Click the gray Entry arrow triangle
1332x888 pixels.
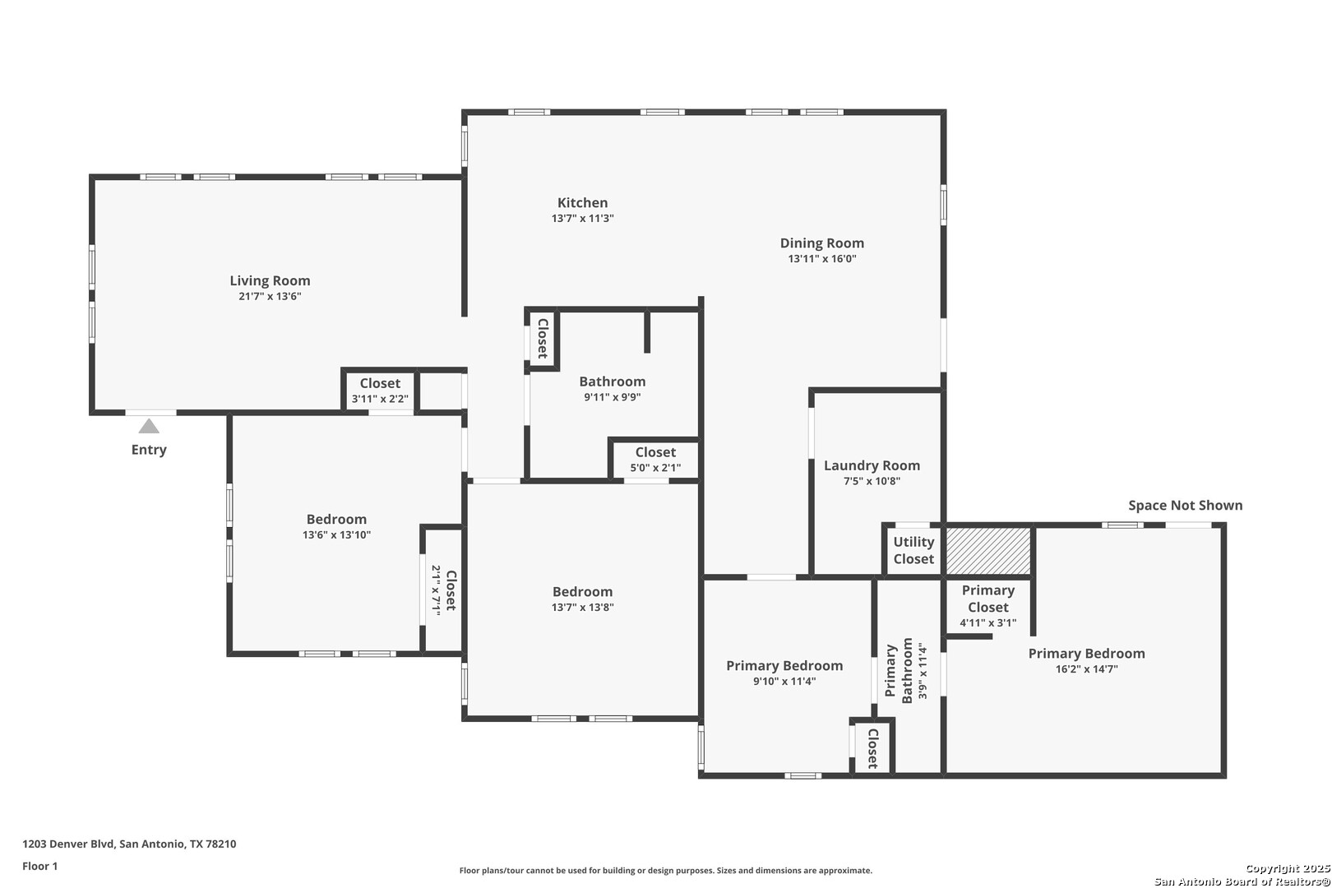(x=149, y=427)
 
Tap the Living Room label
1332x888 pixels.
(x=270, y=280)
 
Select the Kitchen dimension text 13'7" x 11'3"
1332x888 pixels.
(x=582, y=218)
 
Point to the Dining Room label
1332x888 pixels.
(x=821, y=243)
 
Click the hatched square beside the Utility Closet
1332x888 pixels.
(x=987, y=552)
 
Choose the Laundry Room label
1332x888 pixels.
(x=872, y=465)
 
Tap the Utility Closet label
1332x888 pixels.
(x=914, y=550)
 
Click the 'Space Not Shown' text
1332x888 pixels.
(x=1185, y=506)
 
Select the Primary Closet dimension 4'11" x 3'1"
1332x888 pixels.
(x=987, y=623)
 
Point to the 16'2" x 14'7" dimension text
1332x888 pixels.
(x=1086, y=669)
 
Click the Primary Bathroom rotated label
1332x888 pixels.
(x=899, y=671)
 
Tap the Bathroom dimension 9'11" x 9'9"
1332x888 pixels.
(x=612, y=397)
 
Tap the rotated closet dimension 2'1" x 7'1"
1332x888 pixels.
(x=435, y=590)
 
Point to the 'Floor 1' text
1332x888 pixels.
(x=39, y=866)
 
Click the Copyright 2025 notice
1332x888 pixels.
(x=1288, y=869)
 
